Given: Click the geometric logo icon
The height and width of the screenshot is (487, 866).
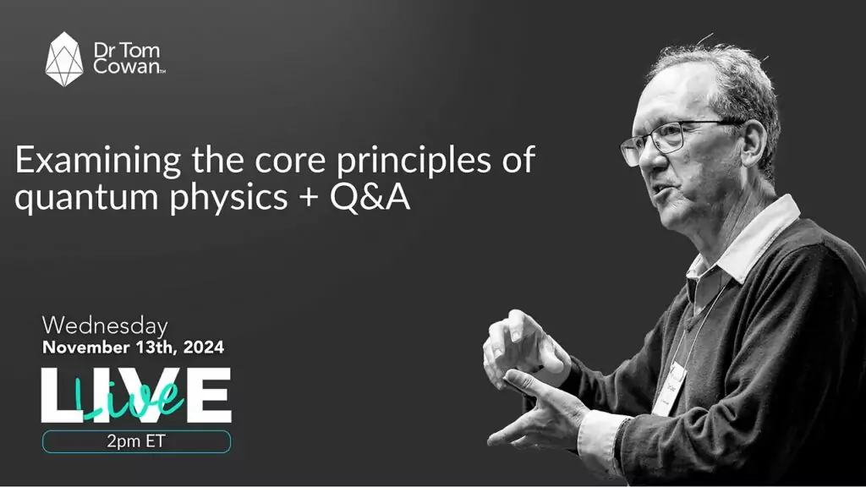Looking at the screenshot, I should (64, 58).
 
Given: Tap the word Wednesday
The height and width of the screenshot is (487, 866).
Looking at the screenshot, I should (105, 326).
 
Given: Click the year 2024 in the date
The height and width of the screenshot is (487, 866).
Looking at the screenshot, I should (200, 347).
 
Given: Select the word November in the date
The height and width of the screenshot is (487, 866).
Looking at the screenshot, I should (82, 347).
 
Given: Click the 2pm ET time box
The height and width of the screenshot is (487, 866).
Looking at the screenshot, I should (136, 441).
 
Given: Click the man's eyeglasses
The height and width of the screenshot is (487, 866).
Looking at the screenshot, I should (664, 139).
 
